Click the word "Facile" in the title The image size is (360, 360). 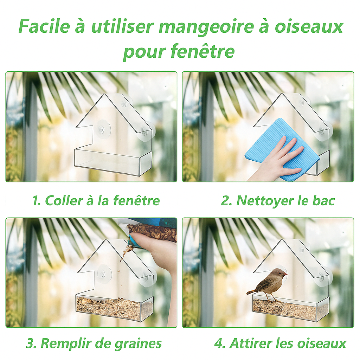[44, 26]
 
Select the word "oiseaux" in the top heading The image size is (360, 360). [309, 26]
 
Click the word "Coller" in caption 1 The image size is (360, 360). [64, 200]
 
